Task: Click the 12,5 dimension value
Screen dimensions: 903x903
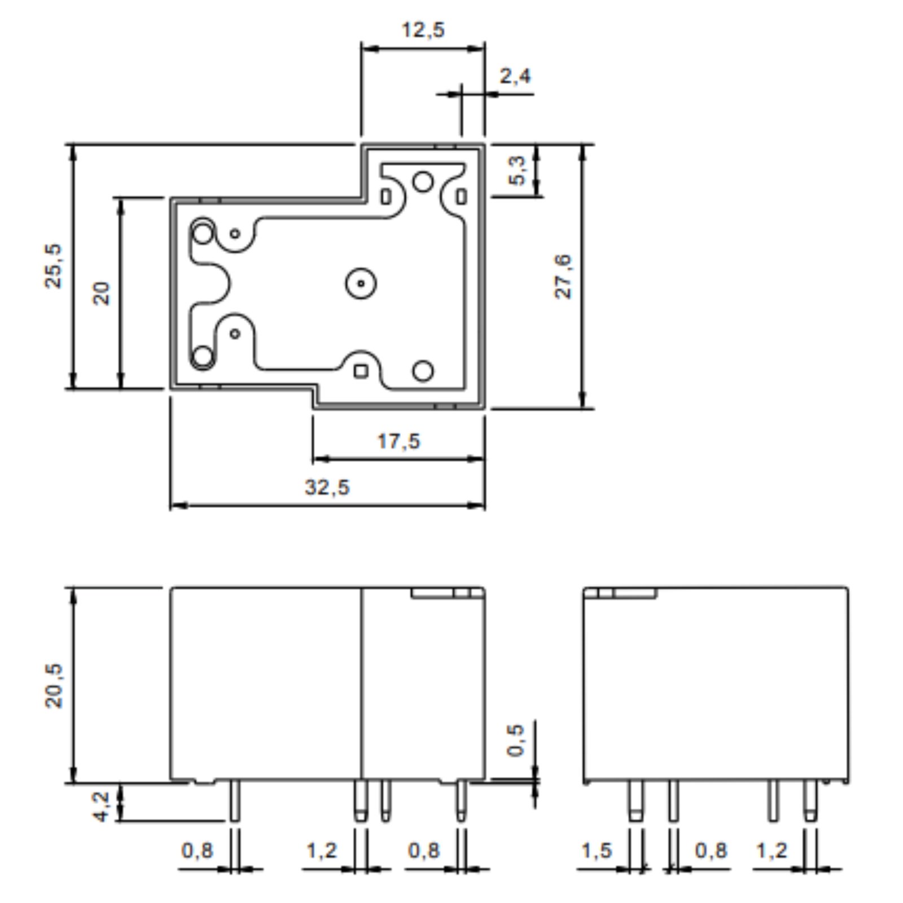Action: [x=423, y=29]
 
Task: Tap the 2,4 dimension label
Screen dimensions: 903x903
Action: [x=515, y=76]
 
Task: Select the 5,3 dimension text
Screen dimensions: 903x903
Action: [x=517, y=171]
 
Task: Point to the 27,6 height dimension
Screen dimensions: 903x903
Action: [x=563, y=277]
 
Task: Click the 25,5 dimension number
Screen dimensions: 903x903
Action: [x=54, y=266]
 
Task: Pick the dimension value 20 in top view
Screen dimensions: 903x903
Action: [x=102, y=293]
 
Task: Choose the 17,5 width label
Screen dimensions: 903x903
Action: [x=399, y=441]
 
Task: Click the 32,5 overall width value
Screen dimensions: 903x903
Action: [x=327, y=487]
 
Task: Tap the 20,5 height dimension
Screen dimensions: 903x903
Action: [x=54, y=685]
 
